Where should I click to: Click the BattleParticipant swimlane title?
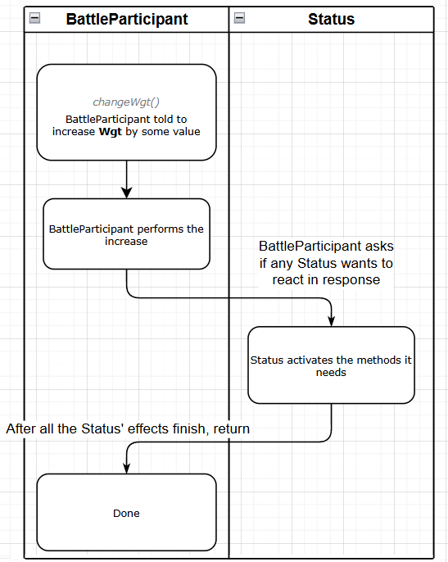[x=127, y=19]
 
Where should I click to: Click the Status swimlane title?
[x=331, y=19]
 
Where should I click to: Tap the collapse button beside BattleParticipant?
[x=34, y=17]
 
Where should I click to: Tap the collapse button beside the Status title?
[x=239, y=17]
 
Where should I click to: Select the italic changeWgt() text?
[x=126, y=102]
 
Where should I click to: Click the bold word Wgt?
[x=111, y=132]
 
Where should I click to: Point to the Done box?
[x=126, y=512]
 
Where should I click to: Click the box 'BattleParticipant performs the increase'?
[x=126, y=233]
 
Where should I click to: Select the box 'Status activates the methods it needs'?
[x=331, y=365]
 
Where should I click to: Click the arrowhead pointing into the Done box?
[x=126, y=469]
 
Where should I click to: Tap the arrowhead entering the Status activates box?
[x=331, y=321]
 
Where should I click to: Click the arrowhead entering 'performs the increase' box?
[x=126, y=193]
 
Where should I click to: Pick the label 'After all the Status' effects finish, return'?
[x=128, y=428]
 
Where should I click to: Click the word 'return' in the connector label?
[x=232, y=428]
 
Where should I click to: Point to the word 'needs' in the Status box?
[x=331, y=373]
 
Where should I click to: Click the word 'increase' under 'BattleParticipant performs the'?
[x=126, y=242]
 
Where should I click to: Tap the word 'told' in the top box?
[x=163, y=119]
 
